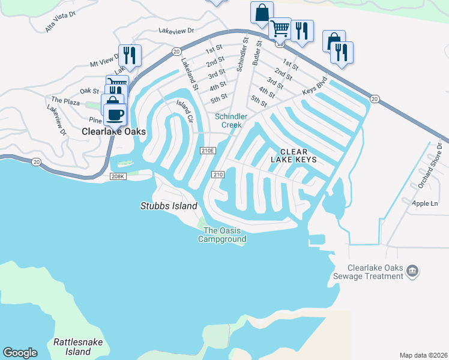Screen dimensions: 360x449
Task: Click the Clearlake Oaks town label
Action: (114, 131)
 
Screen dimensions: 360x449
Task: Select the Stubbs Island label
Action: (169, 206)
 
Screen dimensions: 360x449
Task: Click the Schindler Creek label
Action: (232, 121)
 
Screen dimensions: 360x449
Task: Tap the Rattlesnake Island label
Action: (78, 346)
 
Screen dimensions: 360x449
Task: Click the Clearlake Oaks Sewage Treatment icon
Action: (412, 271)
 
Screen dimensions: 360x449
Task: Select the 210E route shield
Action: (208, 150)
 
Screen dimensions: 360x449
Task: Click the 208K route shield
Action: (118, 176)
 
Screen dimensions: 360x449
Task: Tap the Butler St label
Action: (259, 52)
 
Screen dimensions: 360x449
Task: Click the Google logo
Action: (20, 353)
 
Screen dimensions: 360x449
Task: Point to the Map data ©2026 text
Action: (423, 355)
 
